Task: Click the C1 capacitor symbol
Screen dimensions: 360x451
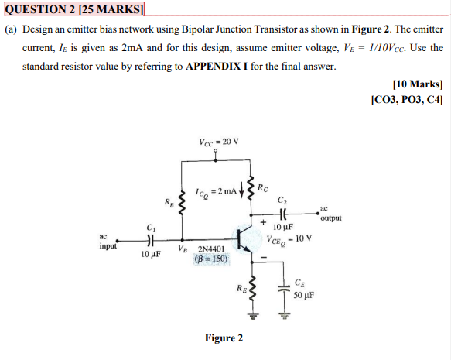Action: coord(151,240)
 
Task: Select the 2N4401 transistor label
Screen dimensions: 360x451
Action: coord(211,249)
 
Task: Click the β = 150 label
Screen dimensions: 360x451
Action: coord(211,259)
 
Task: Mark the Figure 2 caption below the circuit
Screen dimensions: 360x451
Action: coord(224,338)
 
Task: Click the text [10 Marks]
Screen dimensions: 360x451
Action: coord(417,83)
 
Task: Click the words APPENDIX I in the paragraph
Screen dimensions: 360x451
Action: coord(214,66)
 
